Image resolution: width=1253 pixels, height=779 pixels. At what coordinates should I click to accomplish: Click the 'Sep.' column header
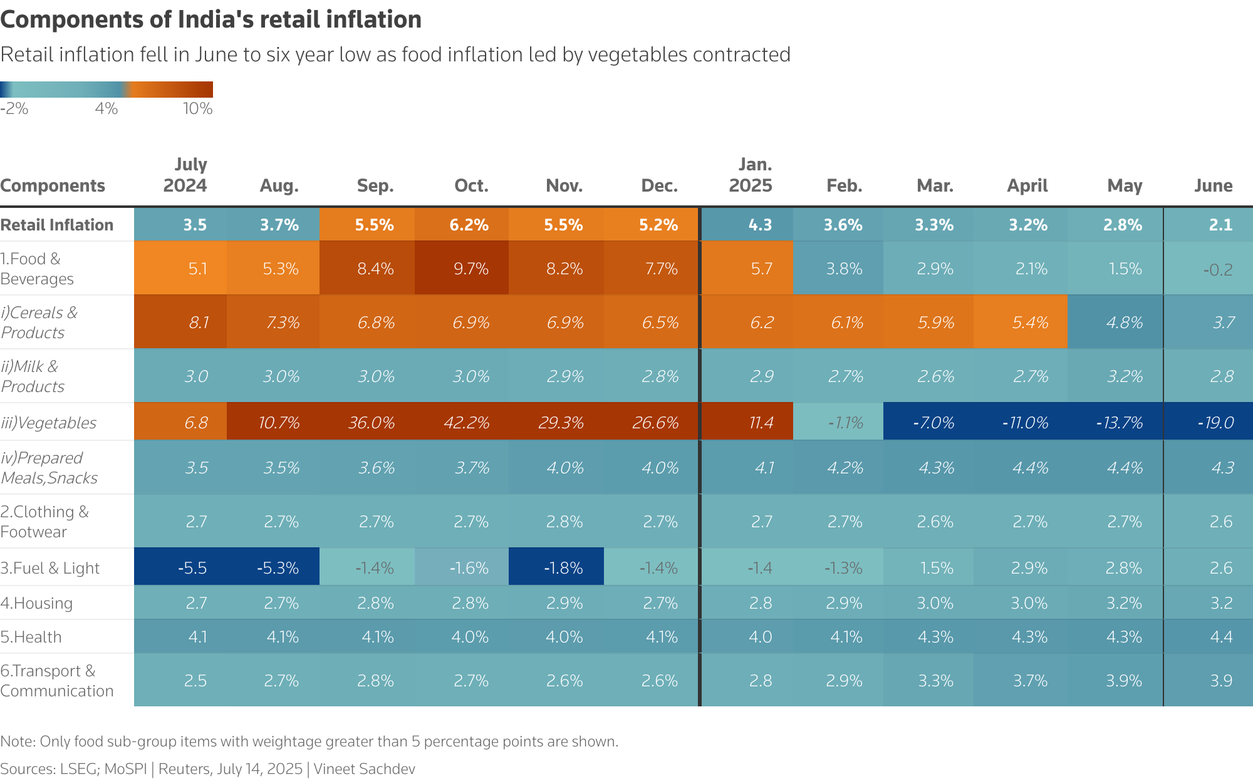(375, 185)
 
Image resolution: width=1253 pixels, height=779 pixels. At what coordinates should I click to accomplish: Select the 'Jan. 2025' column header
(751, 175)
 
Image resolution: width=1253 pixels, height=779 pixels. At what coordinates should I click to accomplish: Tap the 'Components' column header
(53, 185)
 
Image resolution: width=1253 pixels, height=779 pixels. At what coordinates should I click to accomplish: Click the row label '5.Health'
(31, 637)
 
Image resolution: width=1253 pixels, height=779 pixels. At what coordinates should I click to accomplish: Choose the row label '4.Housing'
(36, 603)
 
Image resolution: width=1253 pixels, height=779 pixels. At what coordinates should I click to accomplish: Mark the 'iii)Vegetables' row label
(48, 423)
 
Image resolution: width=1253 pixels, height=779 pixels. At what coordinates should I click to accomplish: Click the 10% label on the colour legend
(197, 109)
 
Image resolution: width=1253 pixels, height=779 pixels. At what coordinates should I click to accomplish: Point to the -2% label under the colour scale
(14, 109)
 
